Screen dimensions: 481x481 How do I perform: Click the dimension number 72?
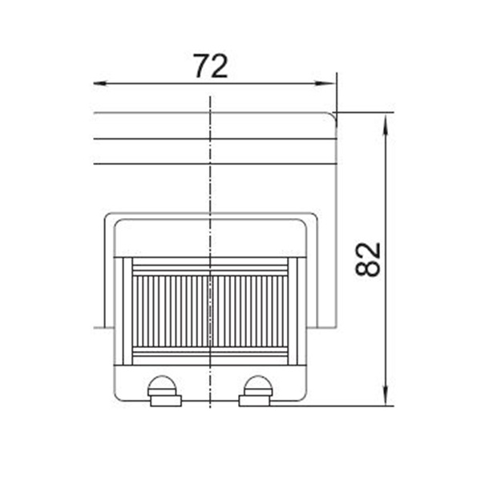coord(211,66)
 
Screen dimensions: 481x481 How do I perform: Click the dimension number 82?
coord(368,260)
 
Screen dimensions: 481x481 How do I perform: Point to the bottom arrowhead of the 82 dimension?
coord(386,396)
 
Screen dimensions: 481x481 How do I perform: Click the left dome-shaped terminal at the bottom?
coord(162,386)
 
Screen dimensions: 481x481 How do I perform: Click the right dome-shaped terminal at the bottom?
coord(258,386)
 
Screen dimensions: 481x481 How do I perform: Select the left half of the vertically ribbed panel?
coord(171,311)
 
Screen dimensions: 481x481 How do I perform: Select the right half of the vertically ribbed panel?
coord(249,311)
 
